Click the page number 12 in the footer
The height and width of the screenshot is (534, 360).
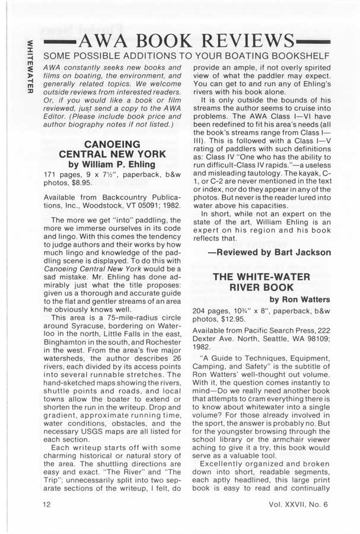pos(47,504)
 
